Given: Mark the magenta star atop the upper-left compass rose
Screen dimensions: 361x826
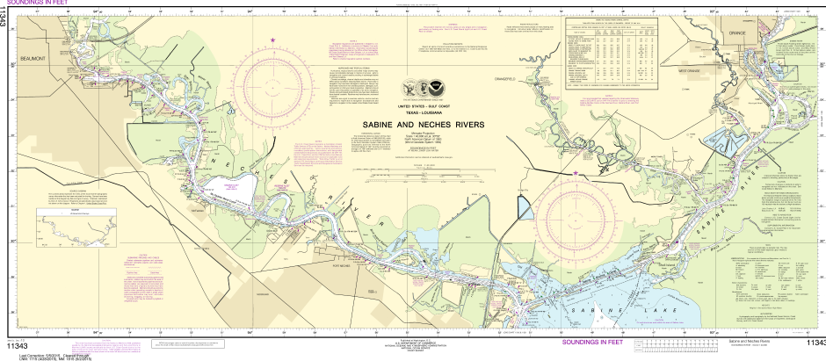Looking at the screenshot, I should click(273, 40).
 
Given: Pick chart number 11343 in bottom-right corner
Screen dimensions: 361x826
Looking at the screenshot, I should click(814, 343).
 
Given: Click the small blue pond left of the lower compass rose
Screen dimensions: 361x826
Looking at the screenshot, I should click(524, 207).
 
